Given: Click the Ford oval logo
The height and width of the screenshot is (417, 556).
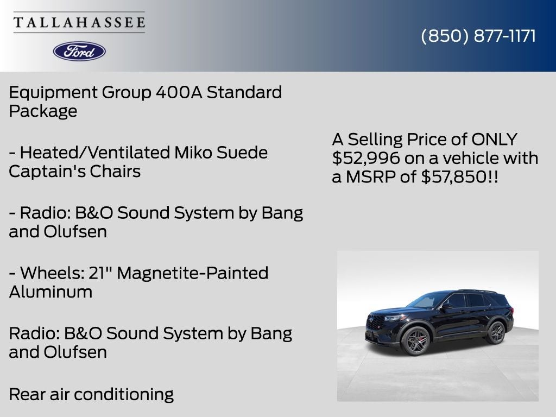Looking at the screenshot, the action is pos(79,52).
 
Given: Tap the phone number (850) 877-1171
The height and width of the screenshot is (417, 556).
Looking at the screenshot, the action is pos(478,36).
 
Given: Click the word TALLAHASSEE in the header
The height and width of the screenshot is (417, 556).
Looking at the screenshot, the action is pos(79,22).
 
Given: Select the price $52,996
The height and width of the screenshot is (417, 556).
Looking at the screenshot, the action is pos(366,158).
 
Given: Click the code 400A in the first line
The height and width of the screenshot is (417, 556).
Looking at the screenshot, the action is pos(179,92).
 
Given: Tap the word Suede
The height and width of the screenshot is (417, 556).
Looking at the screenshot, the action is pos(242,153).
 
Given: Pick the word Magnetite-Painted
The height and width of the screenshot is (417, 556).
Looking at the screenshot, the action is pos(193,273).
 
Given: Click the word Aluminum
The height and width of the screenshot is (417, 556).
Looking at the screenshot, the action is pos(50,292).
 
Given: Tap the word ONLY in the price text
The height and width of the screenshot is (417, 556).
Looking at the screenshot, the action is pos(494,140).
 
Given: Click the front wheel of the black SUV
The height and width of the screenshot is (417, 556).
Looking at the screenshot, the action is pos(415,340).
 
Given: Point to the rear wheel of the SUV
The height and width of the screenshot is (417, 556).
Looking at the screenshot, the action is pos(496,332).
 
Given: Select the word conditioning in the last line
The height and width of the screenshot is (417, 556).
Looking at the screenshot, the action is pos(124,395).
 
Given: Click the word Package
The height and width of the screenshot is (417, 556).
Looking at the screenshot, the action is pos(43,111).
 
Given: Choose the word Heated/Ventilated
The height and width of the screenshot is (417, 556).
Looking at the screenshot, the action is pos(95,153).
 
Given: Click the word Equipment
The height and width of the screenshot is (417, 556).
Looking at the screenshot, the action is pos(53,93).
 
